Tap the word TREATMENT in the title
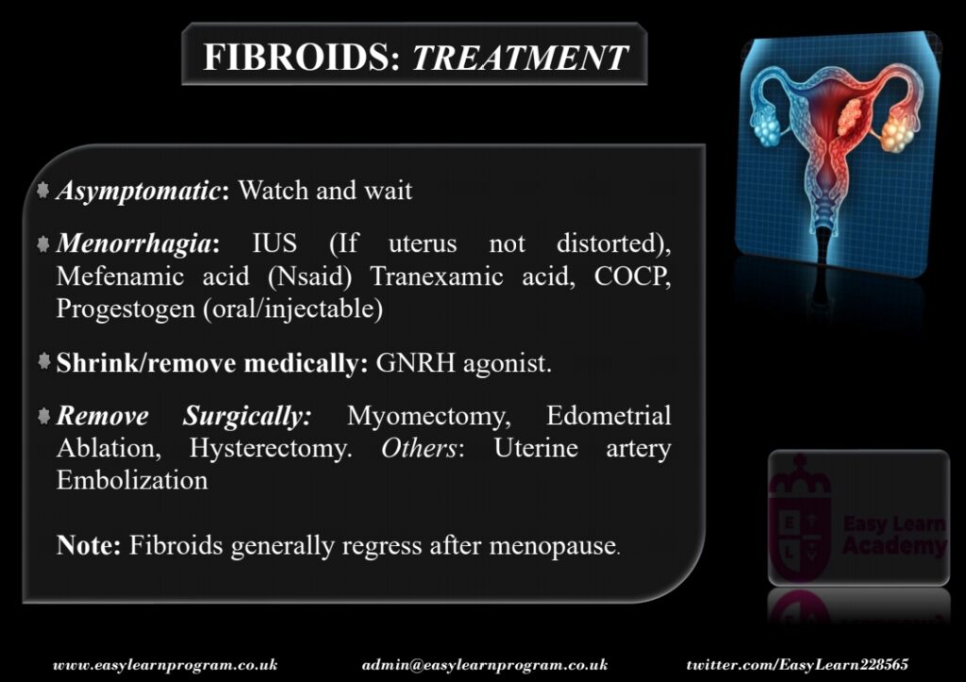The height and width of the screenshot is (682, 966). coord(520,58)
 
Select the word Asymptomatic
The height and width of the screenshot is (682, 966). coord(138,191)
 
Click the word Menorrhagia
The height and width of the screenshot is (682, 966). coord(134,243)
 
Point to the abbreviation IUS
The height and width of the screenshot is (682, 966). coord(275,243)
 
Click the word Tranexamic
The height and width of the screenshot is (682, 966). coord(437,276)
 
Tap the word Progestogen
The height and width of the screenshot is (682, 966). coord(125,308)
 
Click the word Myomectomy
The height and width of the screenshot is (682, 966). coord(429,417)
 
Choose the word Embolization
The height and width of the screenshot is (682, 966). coord(132,480)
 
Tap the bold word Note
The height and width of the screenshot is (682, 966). coord(88,545)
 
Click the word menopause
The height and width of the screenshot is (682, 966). coord(553,546)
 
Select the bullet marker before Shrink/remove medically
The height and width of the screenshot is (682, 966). coord(43,360)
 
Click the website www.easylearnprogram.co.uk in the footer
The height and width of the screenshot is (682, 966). coord(165,665)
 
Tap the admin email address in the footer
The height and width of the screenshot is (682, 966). coord(485,665)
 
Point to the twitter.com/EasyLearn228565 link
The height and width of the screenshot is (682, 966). coord(797,665)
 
